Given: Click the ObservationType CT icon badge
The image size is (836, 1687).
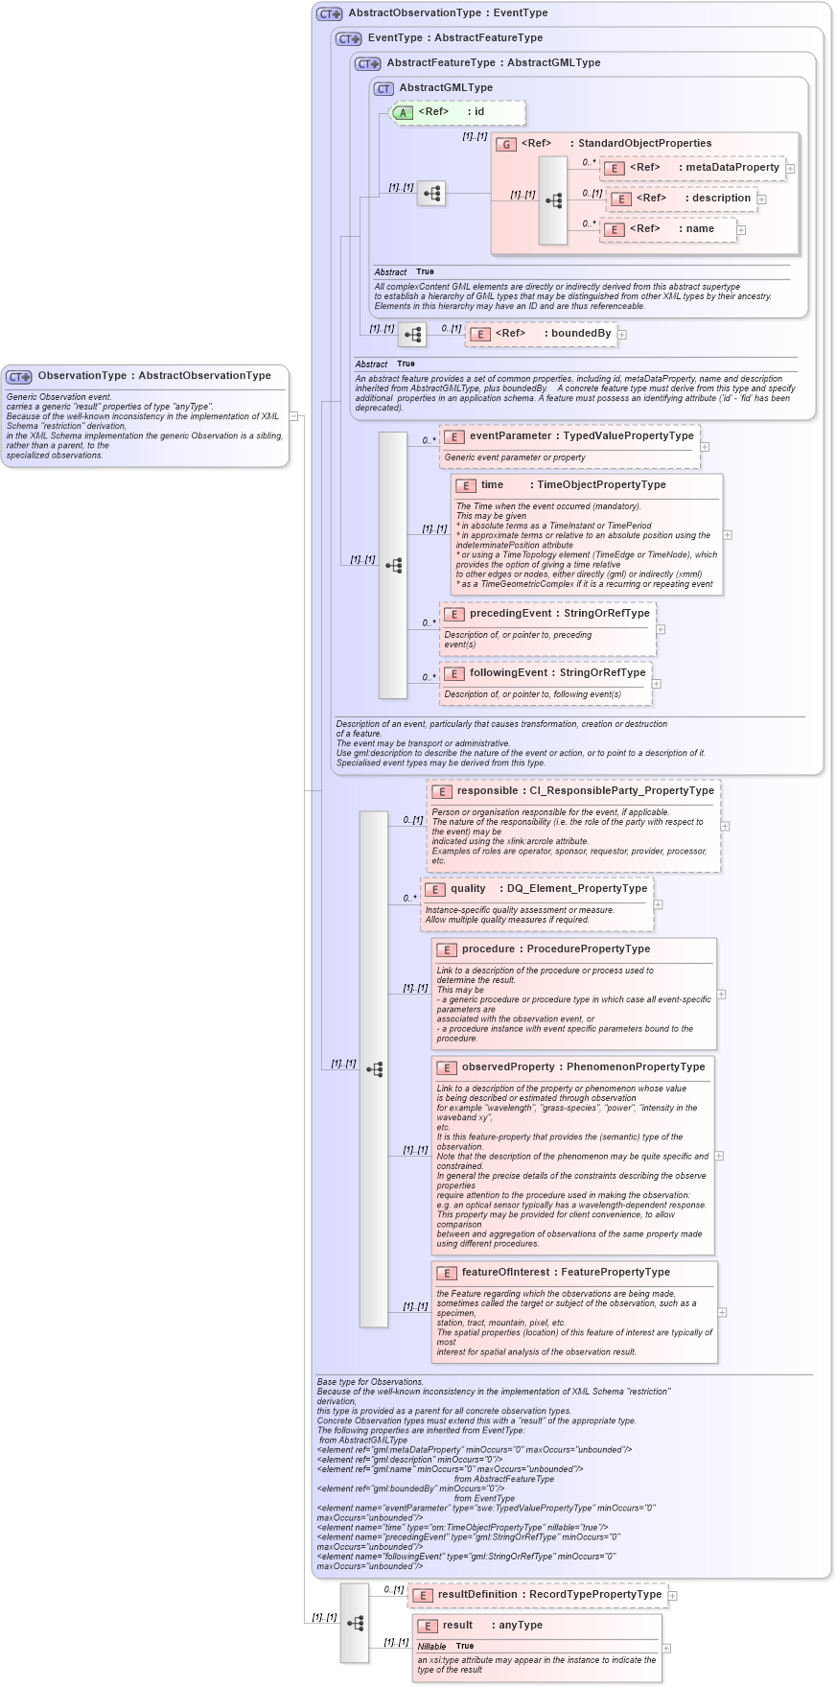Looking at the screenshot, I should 19,377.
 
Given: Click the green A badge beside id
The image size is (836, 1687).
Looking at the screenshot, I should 404,113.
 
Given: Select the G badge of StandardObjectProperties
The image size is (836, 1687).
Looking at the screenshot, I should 506,144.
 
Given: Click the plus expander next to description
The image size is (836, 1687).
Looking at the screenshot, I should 762,199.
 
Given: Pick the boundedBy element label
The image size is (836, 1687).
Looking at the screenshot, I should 580,333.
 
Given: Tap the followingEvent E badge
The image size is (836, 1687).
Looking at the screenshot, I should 454,673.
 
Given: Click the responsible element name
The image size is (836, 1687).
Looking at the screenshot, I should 487,790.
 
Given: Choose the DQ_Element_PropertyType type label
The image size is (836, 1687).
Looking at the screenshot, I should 576,888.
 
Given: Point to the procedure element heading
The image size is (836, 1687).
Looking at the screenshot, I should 488,949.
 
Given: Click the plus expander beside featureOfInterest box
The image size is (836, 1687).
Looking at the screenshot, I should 723,1312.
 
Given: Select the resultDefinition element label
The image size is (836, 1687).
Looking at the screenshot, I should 477,1594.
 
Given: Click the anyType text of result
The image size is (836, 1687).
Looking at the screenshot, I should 520,1625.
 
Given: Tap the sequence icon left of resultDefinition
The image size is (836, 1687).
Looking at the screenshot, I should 355,1623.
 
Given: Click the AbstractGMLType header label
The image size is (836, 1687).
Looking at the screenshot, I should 446,87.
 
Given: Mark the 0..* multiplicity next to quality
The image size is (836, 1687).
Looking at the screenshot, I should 409,898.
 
